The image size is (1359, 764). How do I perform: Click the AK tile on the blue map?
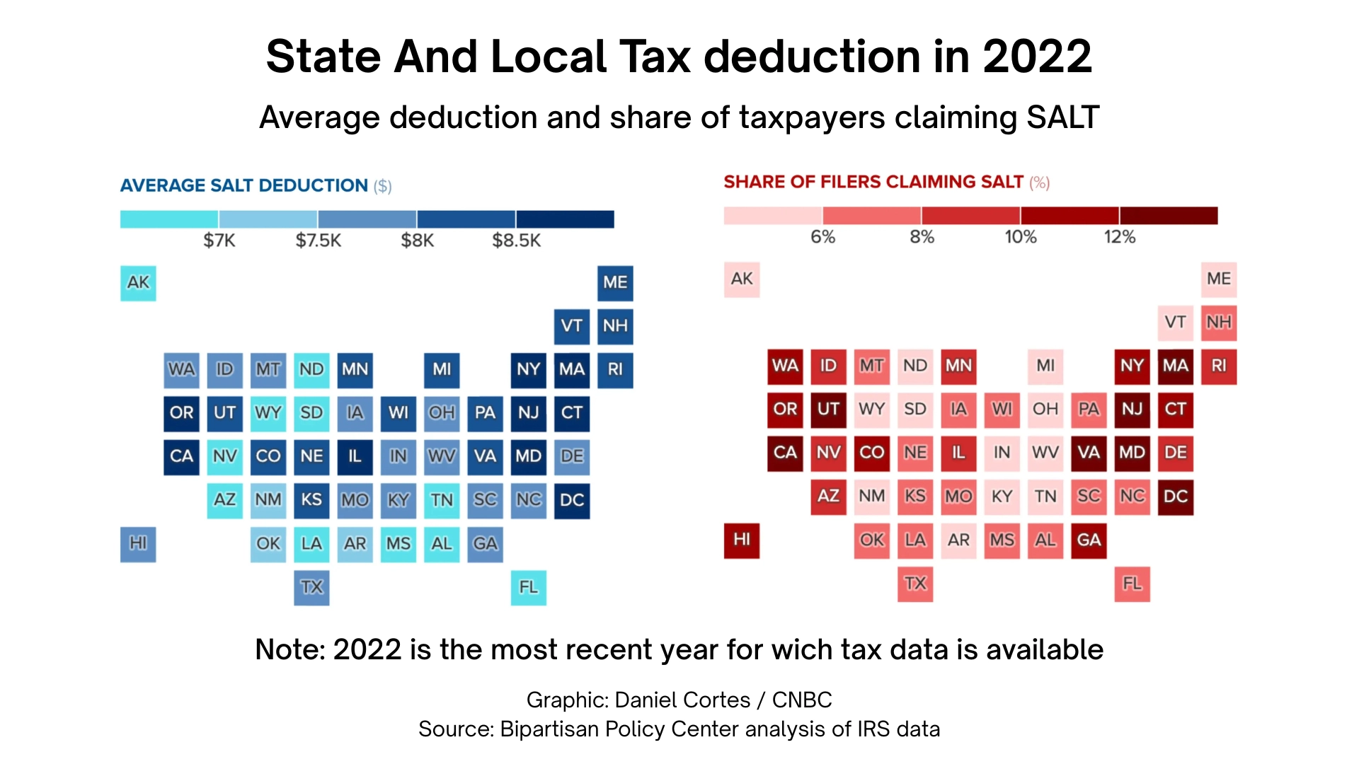[x=138, y=283]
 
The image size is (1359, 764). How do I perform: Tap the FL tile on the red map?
[x=1132, y=584]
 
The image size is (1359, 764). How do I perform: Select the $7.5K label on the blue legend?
[x=318, y=241]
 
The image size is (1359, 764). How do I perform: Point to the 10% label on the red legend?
[x=1020, y=237]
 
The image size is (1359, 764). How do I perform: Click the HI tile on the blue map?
[x=138, y=544]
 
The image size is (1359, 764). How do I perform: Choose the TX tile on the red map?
[x=915, y=584]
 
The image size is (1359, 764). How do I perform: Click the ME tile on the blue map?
[x=615, y=283]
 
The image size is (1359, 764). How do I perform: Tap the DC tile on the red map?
[x=1175, y=497]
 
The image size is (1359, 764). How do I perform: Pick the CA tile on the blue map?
[x=181, y=456]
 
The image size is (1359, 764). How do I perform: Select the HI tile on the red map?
[x=742, y=540]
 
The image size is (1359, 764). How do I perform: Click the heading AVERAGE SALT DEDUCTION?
[x=244, y=185]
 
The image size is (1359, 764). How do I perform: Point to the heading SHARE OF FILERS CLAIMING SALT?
[x=873, y=182]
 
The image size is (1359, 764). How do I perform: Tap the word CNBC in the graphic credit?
[x=801, y=700]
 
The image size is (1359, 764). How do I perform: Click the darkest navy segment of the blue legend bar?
[x=565, y=219]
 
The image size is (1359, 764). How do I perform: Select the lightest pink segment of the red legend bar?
[x=773, y=215]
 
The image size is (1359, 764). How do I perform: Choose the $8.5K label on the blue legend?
[x=516, y=241]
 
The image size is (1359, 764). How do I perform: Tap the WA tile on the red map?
[x=785, y=366]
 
